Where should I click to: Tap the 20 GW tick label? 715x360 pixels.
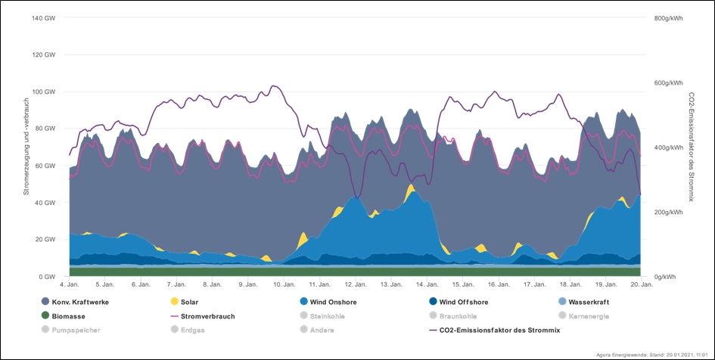pyautogui.click(x=47, y=240)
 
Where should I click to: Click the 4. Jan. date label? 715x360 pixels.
pyautogui.click(x=69, y=285)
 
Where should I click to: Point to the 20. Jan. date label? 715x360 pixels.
pyautogui.click(x=642, y=285)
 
